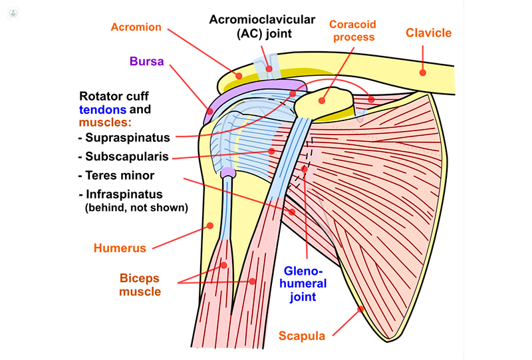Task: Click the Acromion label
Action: coord(136,27)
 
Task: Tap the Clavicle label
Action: coord(428,33)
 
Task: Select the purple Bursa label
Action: coord(146,62)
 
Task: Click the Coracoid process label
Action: coord(354,31)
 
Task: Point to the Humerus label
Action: coord(120,248)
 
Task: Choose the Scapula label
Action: coord(302,336)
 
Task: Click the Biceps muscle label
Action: coord(140,284)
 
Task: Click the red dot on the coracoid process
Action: coord(321,102)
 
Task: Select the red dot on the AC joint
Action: coord(269,68)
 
